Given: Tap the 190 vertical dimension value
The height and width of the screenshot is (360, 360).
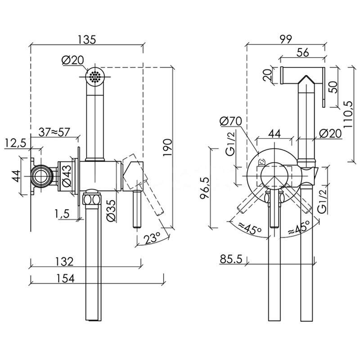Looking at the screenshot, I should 167,147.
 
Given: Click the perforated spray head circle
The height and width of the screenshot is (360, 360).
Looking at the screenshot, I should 94,75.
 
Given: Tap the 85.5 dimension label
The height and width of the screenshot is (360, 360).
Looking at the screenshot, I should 231,260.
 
